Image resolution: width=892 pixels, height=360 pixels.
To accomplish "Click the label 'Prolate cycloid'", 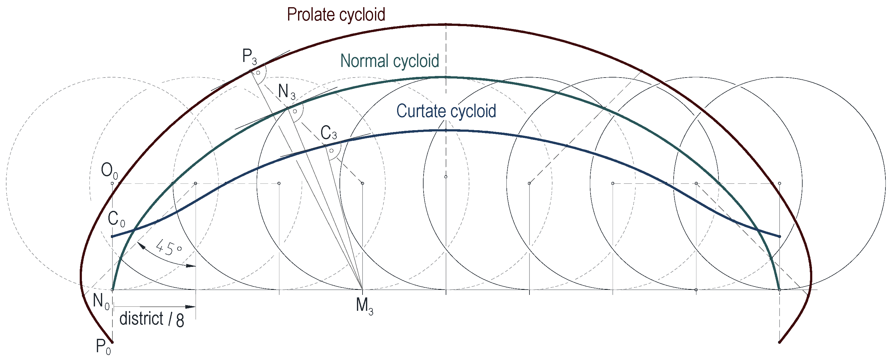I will (x=336, y=15).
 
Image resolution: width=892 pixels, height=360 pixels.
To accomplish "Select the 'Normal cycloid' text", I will (x=390, y=61).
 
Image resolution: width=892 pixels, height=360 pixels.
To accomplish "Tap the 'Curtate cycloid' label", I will (x=446, y=111).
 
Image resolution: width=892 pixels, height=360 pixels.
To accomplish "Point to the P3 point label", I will (x=249, y=56).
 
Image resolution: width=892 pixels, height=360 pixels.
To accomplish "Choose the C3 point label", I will (x=328, y=133).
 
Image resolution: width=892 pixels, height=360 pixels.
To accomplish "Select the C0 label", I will (x=116, y=219).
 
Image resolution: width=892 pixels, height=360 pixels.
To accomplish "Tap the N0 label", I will (x=101, y=301).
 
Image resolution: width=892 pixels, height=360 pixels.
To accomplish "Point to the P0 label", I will (x=103, y=347).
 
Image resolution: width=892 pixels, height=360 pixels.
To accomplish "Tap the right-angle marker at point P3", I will (x=258, y=73).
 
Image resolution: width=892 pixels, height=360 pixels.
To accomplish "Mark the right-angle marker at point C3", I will (x=332, y=151).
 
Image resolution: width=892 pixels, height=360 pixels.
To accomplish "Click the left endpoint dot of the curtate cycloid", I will (x=112, y=236).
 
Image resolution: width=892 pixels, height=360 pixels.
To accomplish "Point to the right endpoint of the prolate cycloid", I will (x=779, y=342).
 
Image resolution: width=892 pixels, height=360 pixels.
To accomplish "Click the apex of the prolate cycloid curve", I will (x=446, y=25).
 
